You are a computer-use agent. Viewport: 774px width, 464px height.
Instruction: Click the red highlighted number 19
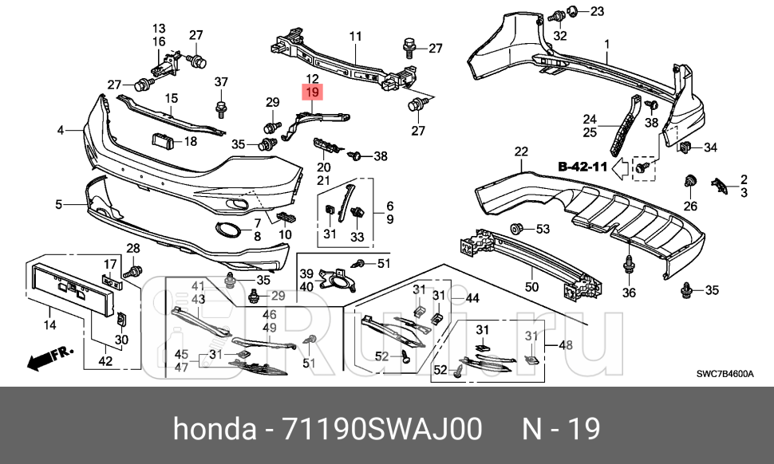[x=312, y=92]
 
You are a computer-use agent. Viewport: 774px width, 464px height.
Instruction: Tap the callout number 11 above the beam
[x=355, y=36]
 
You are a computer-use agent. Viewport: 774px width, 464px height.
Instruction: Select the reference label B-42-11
[x=583, y=167]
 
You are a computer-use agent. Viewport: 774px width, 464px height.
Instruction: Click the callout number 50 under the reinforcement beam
[x=531, y=285]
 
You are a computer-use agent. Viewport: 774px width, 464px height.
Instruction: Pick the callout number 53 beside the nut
[x=543, y=230]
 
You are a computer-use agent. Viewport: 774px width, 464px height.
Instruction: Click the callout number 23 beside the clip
[x=597, y=11]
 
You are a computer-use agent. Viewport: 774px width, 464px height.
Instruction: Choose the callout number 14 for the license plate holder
[x=49, y=324]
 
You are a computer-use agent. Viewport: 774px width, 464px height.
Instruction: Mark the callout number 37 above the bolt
[x=221, y=81]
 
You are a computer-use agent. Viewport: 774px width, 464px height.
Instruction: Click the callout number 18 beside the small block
[x=189, y=142]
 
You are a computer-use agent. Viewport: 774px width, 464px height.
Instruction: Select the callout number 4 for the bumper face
[x=61, y=129]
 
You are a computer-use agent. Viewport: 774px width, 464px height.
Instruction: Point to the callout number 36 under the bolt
[x=630, y=293]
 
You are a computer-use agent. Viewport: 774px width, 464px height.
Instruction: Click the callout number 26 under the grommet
[x=690, y=206]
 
